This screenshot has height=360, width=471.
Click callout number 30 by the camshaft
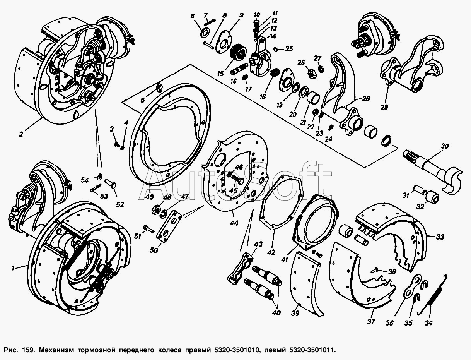tap(445, 146)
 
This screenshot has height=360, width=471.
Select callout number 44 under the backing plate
tap(234, 223)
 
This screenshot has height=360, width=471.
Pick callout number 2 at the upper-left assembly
tap(21, 134)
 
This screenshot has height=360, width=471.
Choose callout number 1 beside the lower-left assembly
tap(13, 268)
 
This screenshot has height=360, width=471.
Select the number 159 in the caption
tap(28, 350)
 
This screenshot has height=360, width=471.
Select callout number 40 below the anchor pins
tap(276, 313)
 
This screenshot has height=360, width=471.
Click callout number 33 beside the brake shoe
tap(440, 237)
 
